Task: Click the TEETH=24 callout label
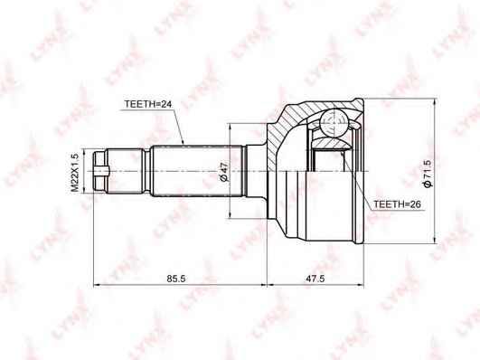[148, 104]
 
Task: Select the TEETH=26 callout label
[398, 204]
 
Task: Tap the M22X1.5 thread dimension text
[75, 173]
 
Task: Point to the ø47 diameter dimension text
[224, 172]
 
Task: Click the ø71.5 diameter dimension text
[427, 174]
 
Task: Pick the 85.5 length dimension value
[176, 279]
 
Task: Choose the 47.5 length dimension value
[315, 279]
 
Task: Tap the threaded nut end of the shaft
[100, 171]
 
